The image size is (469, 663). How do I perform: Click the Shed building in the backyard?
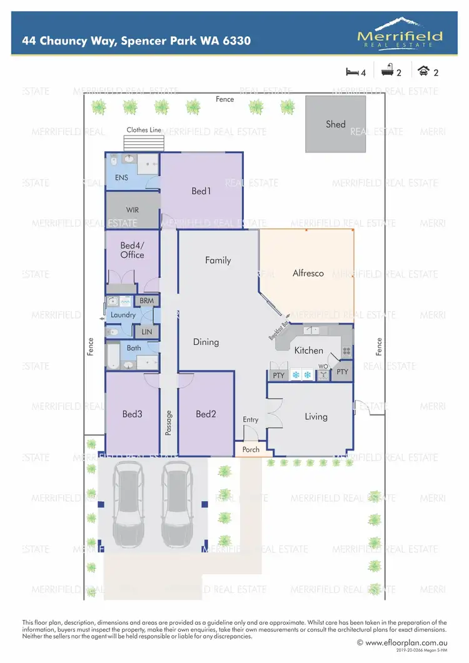click(x=336, y=124)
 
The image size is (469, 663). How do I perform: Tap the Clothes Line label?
click(x=144, y=130)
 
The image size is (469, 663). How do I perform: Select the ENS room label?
click(x=122, y=177)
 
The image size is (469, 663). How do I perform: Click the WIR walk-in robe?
click(x=132, y=210)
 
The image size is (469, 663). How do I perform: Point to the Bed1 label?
click(x=201, y=191)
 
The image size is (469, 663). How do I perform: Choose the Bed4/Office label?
click(x=132, y=250)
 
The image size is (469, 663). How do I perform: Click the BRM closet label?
click(x=146, y=301)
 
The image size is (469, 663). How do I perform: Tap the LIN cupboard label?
click(x=146, y=331)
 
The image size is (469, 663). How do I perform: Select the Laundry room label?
click(x=123, y=315)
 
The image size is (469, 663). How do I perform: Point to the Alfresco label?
click(x=308, y=272)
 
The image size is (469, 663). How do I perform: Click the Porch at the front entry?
click(x=250, y=449)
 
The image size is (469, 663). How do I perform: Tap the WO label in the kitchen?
click(x=323, y=366)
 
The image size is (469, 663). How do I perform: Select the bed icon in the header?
click(x=353, y=72)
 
